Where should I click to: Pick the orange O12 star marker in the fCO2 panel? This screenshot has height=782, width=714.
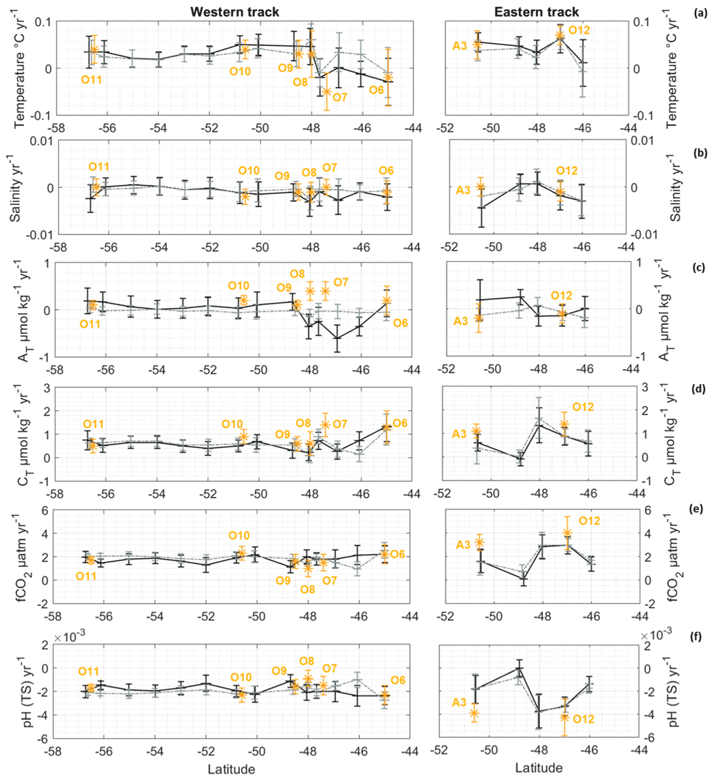tap(567, 533)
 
